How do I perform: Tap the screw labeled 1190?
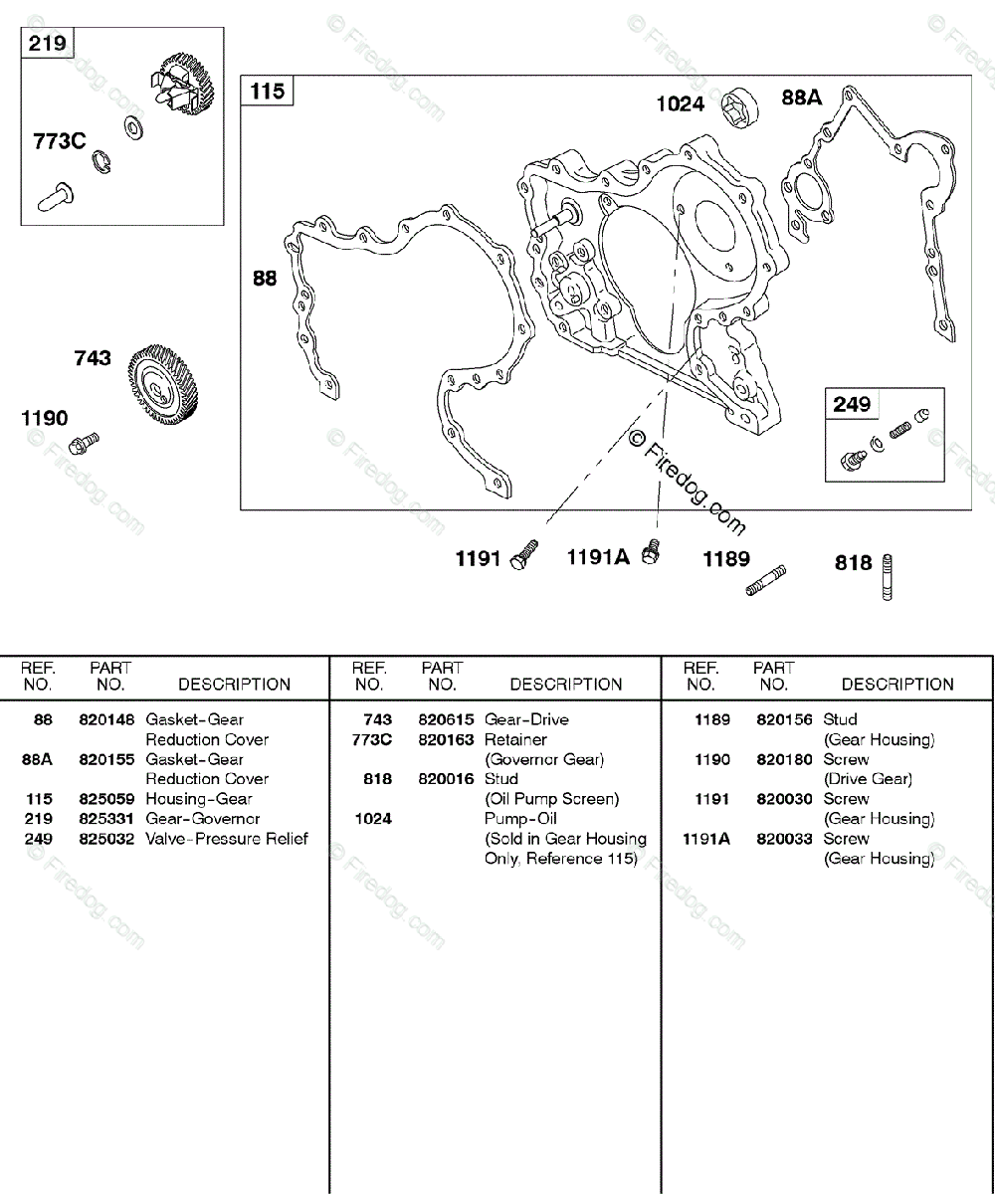coord(89,438)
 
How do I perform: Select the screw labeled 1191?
coord(524,554)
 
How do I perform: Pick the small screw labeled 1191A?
coord(652,550)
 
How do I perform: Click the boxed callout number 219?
coord(47,44)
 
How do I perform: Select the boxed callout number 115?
coord(267,92)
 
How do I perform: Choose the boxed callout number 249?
coord(852,404)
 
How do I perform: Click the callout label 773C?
coord(60,141)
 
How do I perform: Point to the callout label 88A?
coord(802,98)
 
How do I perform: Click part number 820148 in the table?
coord(106,719)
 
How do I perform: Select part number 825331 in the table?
coord(106,819)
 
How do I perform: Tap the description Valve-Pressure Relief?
coord(227,839)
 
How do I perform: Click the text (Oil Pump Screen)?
coord(551,799)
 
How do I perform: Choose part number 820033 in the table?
coord(784,839)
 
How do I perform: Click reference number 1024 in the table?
coord(372,819)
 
